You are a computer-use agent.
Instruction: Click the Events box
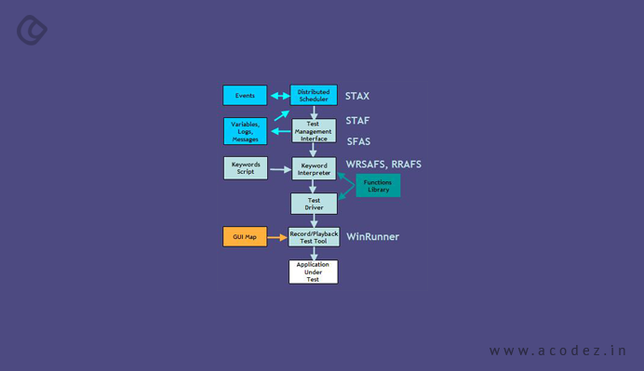tap(245, 95)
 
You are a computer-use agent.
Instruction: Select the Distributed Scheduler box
tap(314, 95)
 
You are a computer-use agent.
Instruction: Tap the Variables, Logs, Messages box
tap(245, 131)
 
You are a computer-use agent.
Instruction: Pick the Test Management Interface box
tap(314, 131)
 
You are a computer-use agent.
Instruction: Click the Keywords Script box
tap(245, 168)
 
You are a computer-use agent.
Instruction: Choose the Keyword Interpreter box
tap(314, 168)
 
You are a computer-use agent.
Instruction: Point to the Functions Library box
tap(378, 186)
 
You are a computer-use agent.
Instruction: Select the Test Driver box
tap(314, 204)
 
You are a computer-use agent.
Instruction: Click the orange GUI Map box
tap(245, 237)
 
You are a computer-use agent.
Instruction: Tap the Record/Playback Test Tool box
tap(314, 237)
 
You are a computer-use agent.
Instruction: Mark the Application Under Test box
tap(314, 272)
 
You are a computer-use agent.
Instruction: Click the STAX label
tap(357, 96)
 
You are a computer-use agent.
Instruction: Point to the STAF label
tap(357, 120)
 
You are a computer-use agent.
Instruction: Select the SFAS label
tap(358, 141)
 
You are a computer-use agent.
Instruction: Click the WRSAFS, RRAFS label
tap(383, 165)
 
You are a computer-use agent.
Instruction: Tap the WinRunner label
tap(373, 237)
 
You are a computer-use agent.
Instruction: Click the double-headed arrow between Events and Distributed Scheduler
tap(278, 96)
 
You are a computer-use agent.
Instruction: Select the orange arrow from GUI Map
tap(277, 238)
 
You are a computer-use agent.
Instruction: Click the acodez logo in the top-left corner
tap(33, 30)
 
